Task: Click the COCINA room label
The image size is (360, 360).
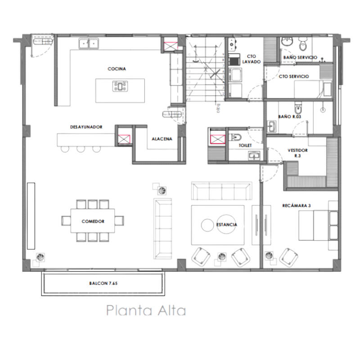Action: click(117, 69)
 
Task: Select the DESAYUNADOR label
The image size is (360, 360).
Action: click(86, 127)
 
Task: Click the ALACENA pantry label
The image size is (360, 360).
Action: click(162, 139)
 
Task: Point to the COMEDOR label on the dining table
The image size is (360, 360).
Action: click(93, 221)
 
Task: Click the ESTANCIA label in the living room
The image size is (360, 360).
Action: click(226, 224)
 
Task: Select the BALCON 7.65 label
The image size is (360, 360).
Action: click(103, 284)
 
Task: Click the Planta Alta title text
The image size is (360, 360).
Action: click(146, 310)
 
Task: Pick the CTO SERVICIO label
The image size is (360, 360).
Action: click(294, 76)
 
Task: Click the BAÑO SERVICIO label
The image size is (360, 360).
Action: click(300, 58)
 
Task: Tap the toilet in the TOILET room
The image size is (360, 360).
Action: click(235, 136)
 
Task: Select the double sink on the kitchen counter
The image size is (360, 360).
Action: click(89, 44)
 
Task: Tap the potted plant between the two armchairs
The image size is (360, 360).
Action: click(221, 256)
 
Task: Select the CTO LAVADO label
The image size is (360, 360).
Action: click(251, 59)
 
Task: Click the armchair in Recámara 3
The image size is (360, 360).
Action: click(288, 256)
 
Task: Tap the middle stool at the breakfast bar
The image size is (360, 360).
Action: click(81, 148)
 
